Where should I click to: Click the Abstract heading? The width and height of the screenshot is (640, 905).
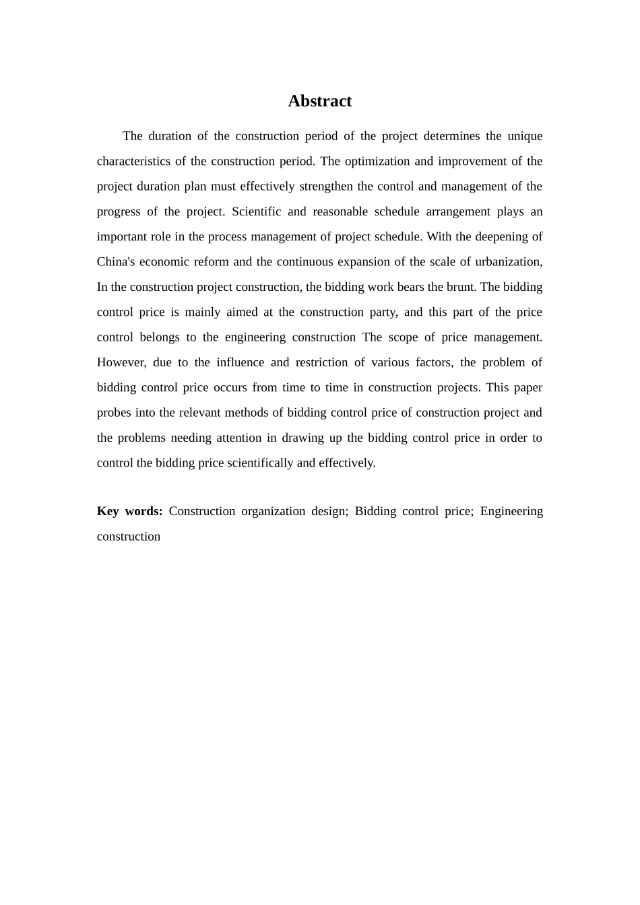319,101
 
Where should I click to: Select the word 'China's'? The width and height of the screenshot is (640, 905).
116,262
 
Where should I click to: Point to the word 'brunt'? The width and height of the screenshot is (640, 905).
459,287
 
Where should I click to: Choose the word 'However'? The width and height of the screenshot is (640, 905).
121,362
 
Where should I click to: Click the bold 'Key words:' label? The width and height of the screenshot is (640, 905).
129,511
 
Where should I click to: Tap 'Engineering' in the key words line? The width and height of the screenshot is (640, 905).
511,511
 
